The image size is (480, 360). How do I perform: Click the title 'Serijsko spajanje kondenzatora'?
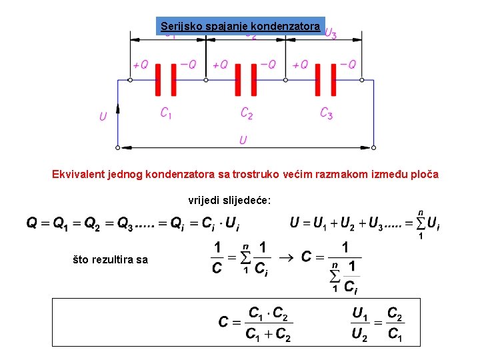[240, 27]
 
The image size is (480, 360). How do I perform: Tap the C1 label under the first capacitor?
[166, 114]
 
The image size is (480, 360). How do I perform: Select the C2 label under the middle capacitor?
[246, 114]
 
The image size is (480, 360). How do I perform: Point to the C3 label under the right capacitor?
[326, 114]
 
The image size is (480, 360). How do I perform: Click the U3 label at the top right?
[330, 33]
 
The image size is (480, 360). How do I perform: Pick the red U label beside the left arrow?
[103, 117]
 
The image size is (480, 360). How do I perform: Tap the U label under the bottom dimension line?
[243, 140]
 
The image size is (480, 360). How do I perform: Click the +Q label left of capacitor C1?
[140, 65]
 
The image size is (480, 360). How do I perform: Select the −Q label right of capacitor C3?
[348, 65]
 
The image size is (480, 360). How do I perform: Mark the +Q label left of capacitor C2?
[220, 65]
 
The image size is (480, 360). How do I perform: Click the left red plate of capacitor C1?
[158, 80]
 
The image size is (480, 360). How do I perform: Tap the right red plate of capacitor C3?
[335, 80]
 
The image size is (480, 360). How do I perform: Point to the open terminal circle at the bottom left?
[118, 147]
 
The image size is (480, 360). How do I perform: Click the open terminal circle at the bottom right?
[374, 147]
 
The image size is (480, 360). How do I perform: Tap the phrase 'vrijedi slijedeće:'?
[229, 200]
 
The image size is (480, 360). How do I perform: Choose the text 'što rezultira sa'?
[110, 259]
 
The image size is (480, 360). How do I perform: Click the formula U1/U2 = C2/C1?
[377, 323]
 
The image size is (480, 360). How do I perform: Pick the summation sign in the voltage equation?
[420, 223]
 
